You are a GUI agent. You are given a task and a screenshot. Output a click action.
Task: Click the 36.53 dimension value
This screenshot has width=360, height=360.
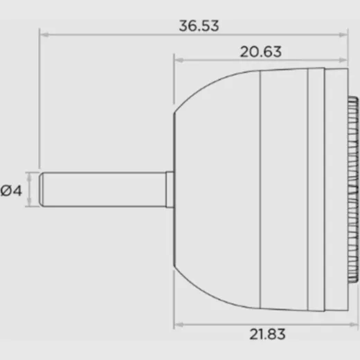[x=199, y=26]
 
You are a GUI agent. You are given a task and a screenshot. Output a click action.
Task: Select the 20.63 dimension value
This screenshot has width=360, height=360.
[x=261, y=52]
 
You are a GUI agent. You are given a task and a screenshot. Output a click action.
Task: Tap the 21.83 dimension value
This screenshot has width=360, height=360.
[x=267, y=334]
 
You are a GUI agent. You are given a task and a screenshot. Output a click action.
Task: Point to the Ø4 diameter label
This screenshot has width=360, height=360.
[x=11, y=190]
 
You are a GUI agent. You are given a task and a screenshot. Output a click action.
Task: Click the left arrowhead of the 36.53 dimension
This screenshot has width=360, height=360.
[x=44, y=35]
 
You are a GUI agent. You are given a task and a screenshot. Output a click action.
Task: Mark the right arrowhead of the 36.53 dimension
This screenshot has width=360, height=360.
[x=343, y=35]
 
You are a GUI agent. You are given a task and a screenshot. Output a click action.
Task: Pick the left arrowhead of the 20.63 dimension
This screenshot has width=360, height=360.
[x=179, y=60]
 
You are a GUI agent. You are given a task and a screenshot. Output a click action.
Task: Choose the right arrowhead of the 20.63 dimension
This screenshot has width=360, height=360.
[x=343, y=60]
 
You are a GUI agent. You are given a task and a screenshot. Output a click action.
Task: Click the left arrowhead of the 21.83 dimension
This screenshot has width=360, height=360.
[x=179, y=325]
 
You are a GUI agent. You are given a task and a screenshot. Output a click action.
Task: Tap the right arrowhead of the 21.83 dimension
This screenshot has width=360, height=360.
[x=354, y=325]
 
